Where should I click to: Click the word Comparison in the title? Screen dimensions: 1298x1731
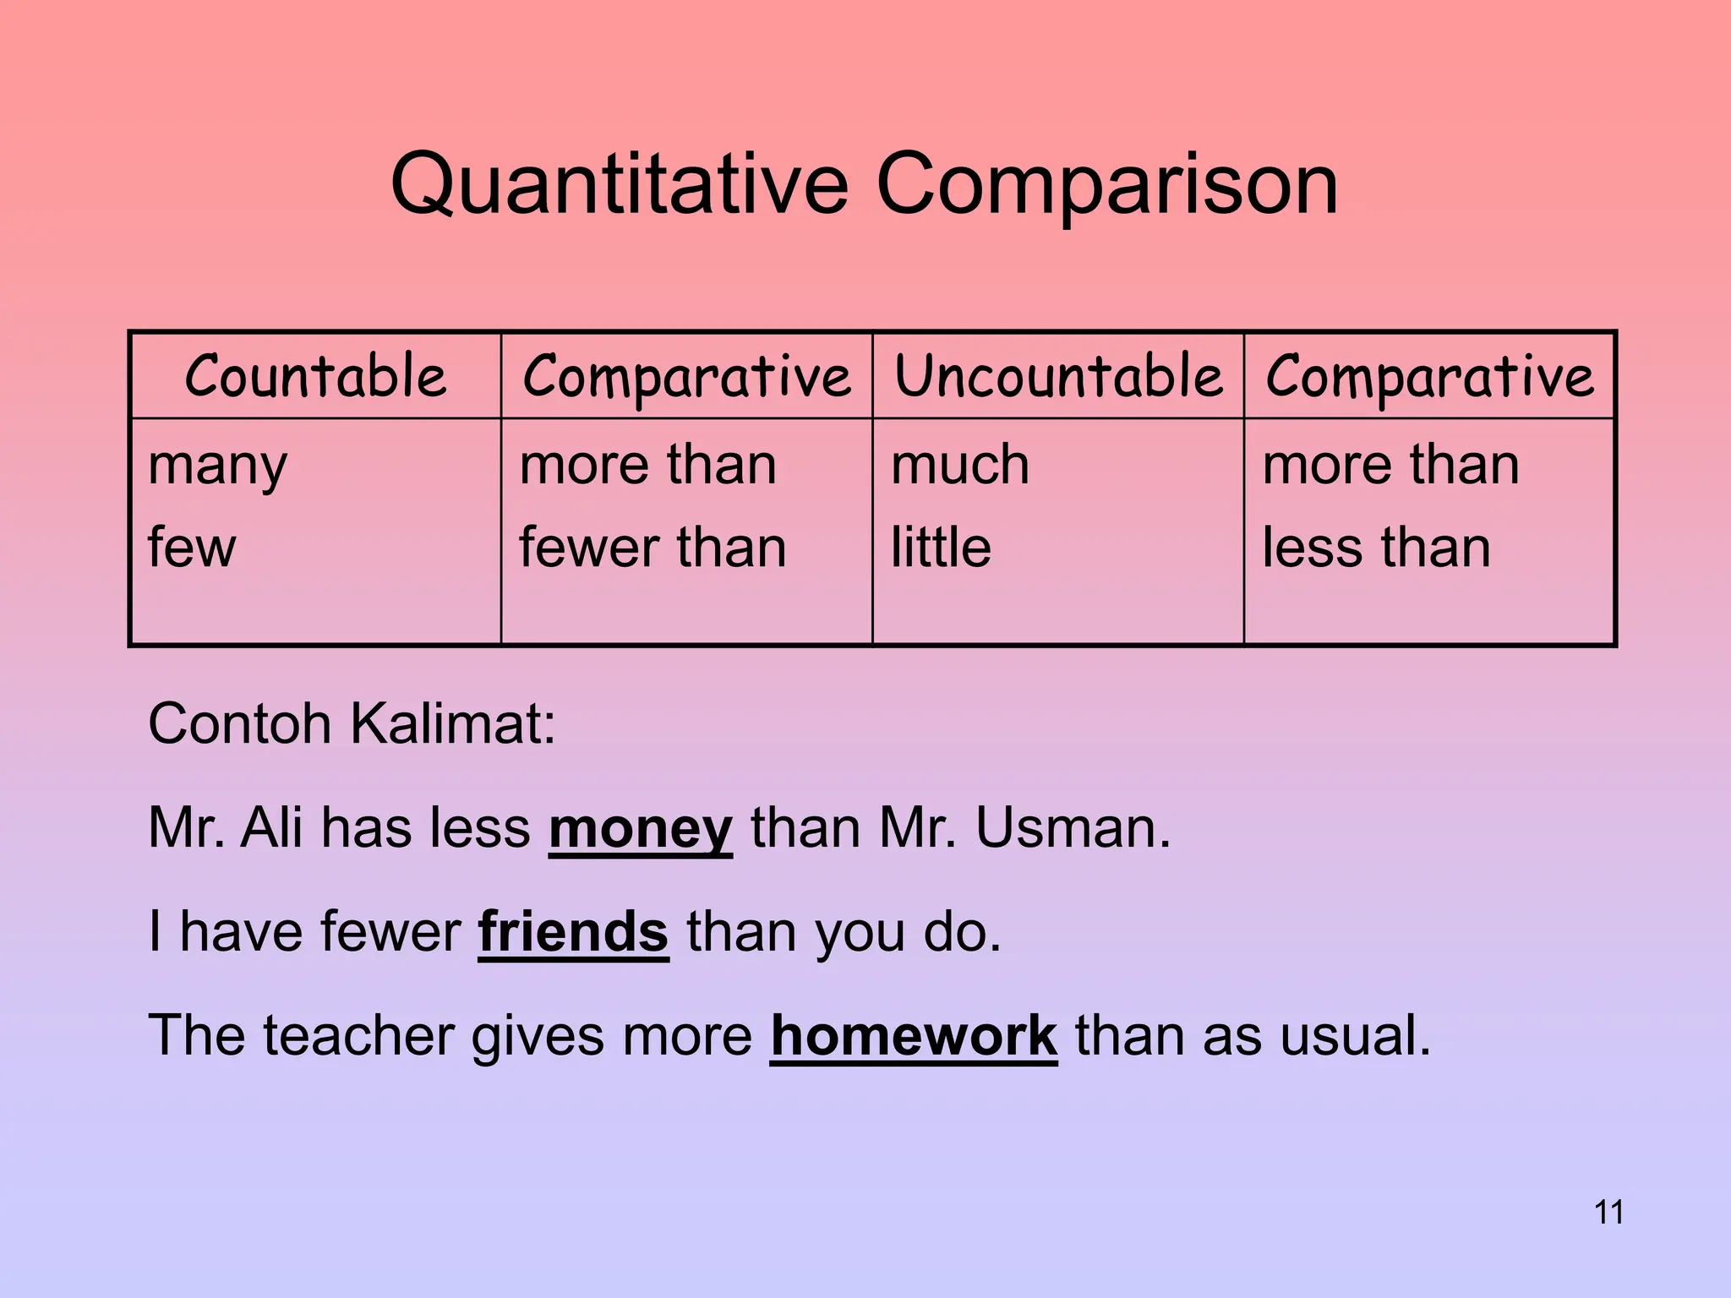tap(1107, 185)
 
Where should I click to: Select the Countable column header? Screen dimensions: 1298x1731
tap(315, 376)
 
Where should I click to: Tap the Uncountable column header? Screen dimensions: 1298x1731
tap(1058, 376)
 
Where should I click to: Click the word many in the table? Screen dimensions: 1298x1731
tap(217, 466)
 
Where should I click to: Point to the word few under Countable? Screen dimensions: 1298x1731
tap(192, 548)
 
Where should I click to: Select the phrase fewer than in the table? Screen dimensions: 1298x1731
tap(653, 548)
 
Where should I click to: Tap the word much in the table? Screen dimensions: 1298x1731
tap(960, 465)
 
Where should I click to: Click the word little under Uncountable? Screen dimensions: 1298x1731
tap(941, 548)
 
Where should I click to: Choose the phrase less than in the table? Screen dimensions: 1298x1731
tap(1376, 548)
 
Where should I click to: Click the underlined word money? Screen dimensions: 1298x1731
tap(640, 829)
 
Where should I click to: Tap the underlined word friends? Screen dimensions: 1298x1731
tap(573, 932)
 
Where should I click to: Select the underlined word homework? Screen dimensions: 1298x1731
tap(913, 1036)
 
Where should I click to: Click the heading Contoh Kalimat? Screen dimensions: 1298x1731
tap(352, 724)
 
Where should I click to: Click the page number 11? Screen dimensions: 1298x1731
tap(1608, 1213)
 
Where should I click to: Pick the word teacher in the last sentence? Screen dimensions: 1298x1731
tap(359, 1035)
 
